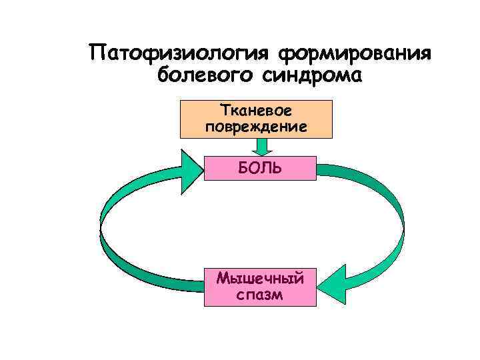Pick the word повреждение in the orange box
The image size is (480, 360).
point(257,126)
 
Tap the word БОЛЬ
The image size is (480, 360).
point(260,168)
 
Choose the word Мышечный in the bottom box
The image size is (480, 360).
point(260,278)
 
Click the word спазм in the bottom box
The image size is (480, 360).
point(260,294)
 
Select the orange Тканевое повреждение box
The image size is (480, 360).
point(257,119)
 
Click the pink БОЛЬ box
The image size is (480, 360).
point(260,168)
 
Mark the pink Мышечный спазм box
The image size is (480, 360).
point(260,286)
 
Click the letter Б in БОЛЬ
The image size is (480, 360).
point(243,168)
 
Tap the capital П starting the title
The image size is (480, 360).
point(98,53)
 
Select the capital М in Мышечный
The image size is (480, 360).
point(223,278)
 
